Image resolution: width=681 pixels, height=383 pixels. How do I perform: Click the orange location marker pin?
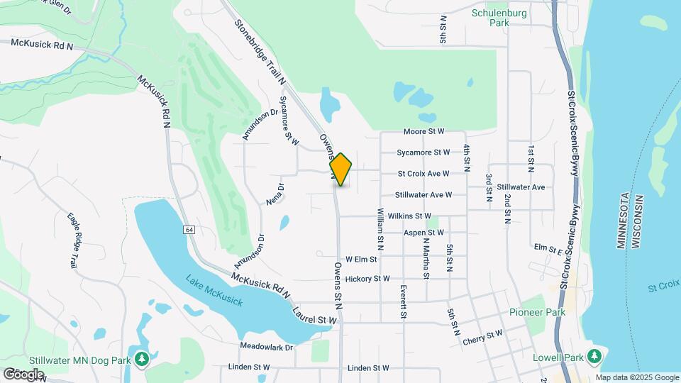340,170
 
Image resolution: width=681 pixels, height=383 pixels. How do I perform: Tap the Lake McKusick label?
214,291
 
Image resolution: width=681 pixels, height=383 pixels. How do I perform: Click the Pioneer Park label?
537,312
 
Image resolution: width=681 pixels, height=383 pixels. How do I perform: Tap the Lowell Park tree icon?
596,355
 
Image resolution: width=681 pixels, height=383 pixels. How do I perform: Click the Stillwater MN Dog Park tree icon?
143,359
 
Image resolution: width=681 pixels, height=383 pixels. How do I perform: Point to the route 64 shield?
189,230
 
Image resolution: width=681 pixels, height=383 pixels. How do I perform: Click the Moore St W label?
423,131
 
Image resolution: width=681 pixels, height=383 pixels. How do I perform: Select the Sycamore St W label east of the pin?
423,152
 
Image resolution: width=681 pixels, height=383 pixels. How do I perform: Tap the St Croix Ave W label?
423,173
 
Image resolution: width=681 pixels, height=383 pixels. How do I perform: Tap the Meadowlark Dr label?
267,347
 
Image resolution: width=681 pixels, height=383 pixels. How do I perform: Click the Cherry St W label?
482,338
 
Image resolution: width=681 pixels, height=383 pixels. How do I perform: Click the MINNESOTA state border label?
622,220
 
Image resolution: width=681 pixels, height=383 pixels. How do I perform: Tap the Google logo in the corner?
23,374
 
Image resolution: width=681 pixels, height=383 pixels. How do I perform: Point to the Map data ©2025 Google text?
637,377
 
